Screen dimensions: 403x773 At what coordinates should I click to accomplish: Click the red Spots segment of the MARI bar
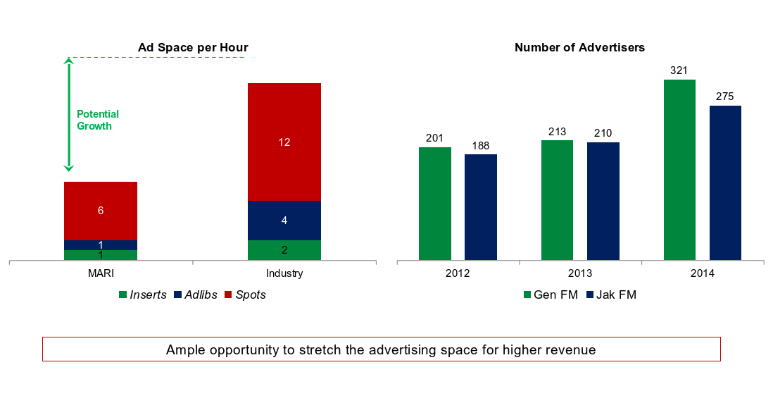(x=101, y=211)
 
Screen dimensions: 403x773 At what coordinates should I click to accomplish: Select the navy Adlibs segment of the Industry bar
(x=284, y=221)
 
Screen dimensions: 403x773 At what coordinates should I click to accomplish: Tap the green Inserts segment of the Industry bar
(x=284, y=250)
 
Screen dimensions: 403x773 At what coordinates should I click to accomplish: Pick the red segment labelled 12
(x=284, y=142)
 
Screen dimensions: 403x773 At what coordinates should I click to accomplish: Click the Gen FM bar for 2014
(x=679, y=170)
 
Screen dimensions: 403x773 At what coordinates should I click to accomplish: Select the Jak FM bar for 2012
(x=481, y=207)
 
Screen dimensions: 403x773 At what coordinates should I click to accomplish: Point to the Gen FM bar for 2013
(x=557, y=200)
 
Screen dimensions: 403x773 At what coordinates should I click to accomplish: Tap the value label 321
(x=679, y=70)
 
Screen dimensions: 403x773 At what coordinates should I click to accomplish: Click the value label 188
(x=481, y=146)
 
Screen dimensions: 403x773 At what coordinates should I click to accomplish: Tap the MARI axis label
(x=101, y=273)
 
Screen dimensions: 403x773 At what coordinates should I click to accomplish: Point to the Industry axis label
(x=284, y=273)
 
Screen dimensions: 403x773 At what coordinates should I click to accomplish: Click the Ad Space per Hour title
(x=193, y=48)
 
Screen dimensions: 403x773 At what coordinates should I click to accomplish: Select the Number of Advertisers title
(x=580, y=48)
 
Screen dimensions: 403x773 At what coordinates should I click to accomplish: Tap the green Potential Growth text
(x=98, y=120)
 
